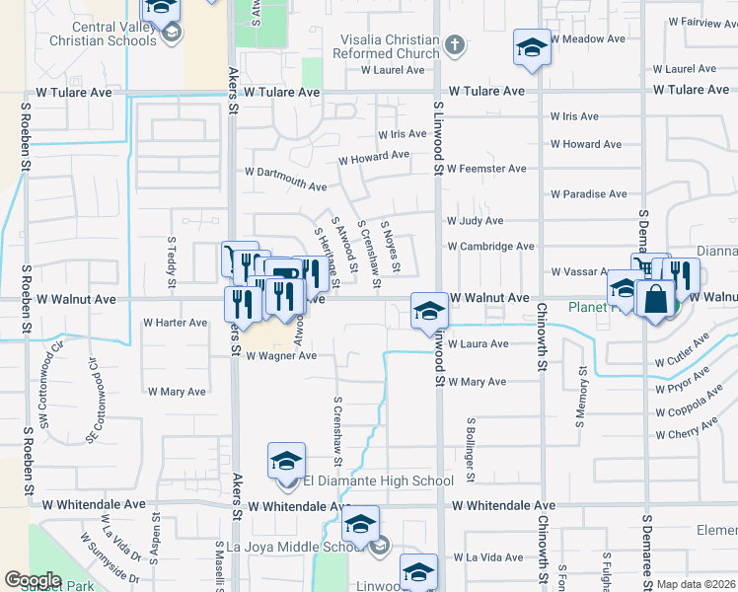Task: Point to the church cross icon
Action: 454,44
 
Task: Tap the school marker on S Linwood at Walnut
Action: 429,312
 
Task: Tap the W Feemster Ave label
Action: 486,169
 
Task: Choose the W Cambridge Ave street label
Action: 490,246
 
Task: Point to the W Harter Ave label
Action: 176,323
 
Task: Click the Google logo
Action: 33,580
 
